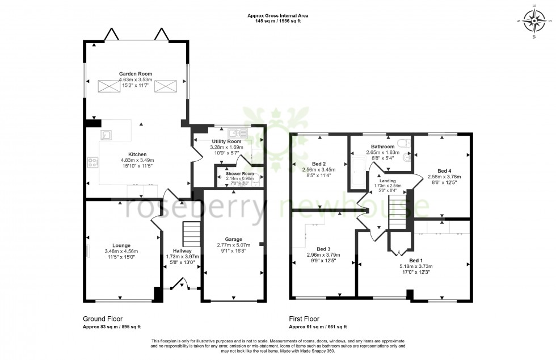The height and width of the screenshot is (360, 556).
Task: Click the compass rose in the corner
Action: point(533,22)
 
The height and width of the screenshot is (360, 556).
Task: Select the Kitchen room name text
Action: point(137,154)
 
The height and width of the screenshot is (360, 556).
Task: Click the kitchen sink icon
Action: point(106,135)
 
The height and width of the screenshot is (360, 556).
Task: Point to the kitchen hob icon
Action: point(92,162)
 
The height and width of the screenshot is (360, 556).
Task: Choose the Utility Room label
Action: point(226,141)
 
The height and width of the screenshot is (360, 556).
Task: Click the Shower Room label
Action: point(240,174)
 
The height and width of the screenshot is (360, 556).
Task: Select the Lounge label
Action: point(121,245)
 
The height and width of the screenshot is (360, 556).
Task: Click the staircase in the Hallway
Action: point(191,233)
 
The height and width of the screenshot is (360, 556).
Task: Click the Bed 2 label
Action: point(321,163)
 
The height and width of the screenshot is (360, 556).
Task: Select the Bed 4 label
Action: point(445,170)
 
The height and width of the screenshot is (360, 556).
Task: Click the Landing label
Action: point(388,181)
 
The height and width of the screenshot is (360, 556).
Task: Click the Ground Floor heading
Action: point(103,319)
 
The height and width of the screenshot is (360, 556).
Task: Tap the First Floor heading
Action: point(304,319)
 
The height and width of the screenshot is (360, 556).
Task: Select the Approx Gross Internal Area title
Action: point(277,16)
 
